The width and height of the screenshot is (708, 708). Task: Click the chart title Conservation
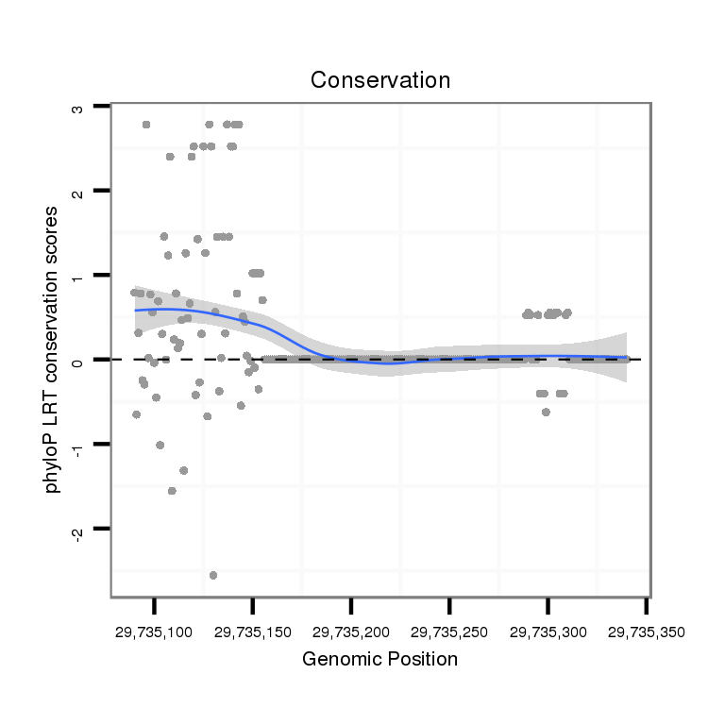[380, 80]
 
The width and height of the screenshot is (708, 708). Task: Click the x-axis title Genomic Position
[379, 659]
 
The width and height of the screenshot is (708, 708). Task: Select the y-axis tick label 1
[77, 276]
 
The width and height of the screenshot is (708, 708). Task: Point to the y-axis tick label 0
[77, 360]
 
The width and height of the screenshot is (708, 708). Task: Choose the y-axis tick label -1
[77, 446]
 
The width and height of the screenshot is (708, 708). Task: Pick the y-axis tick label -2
[77, 530]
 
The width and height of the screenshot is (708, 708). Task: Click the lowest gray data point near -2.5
[213, 575]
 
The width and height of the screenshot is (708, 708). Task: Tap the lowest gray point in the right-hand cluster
[546, 412]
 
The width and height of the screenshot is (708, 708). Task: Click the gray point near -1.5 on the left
[172, 491]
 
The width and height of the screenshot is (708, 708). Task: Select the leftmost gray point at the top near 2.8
[145, 125]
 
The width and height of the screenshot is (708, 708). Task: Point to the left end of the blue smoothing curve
[135, 310]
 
